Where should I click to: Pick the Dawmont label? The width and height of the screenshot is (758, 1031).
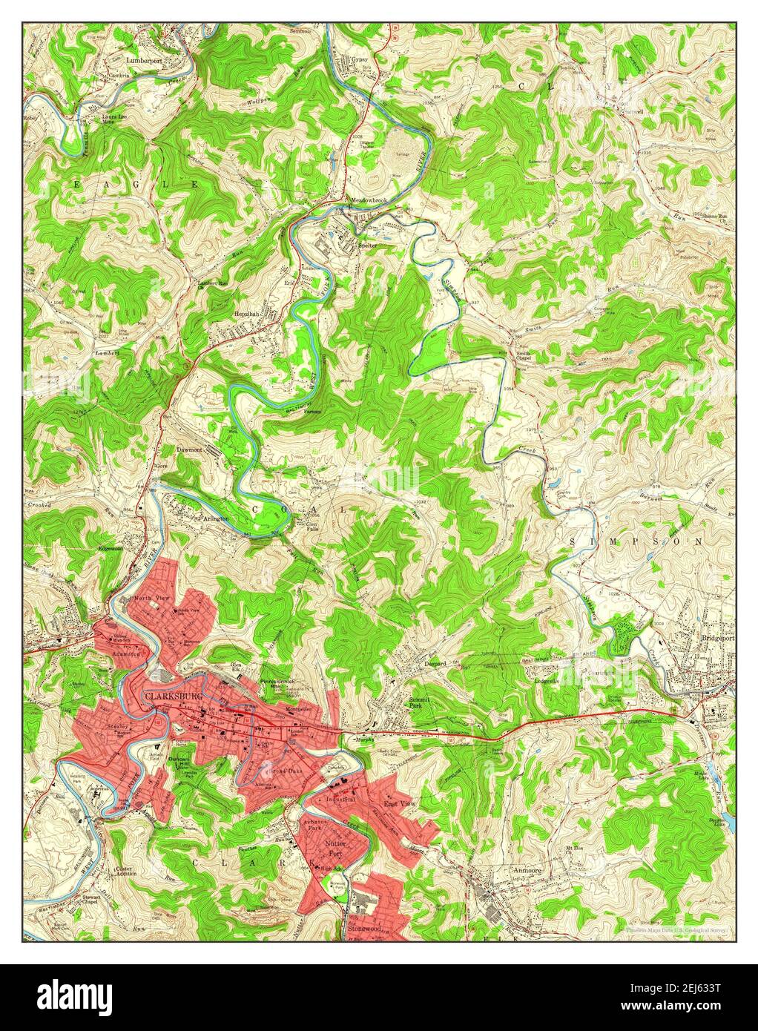[190, 449]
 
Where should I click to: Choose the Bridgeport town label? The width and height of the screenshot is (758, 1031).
[715, 638]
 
